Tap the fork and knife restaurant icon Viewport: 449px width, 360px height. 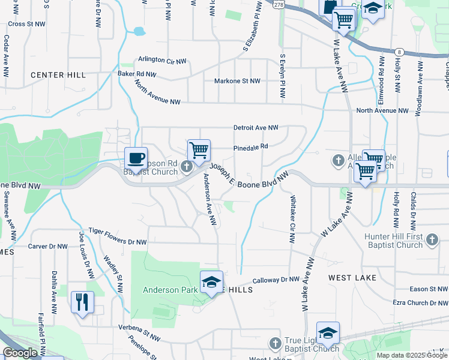(x=82, y=302)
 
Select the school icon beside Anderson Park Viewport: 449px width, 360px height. (x=211, y=283)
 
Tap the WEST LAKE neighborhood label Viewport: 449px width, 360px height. (x=352, y=278)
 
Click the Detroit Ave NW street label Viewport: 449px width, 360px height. (x=256, y=128)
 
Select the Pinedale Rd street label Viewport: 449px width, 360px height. (x=250, y=146)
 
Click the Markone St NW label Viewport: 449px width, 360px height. (x=238, y=80)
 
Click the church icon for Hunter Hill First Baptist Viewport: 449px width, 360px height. (x=432, y=241)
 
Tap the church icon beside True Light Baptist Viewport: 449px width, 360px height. (x=275, y=343)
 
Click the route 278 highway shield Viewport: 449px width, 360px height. (x=279, y=4)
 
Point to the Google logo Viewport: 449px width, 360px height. (x=20, y=353)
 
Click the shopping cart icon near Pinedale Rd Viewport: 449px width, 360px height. (x=198, y=150)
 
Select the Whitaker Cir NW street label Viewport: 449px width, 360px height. (x=293, y=219)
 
